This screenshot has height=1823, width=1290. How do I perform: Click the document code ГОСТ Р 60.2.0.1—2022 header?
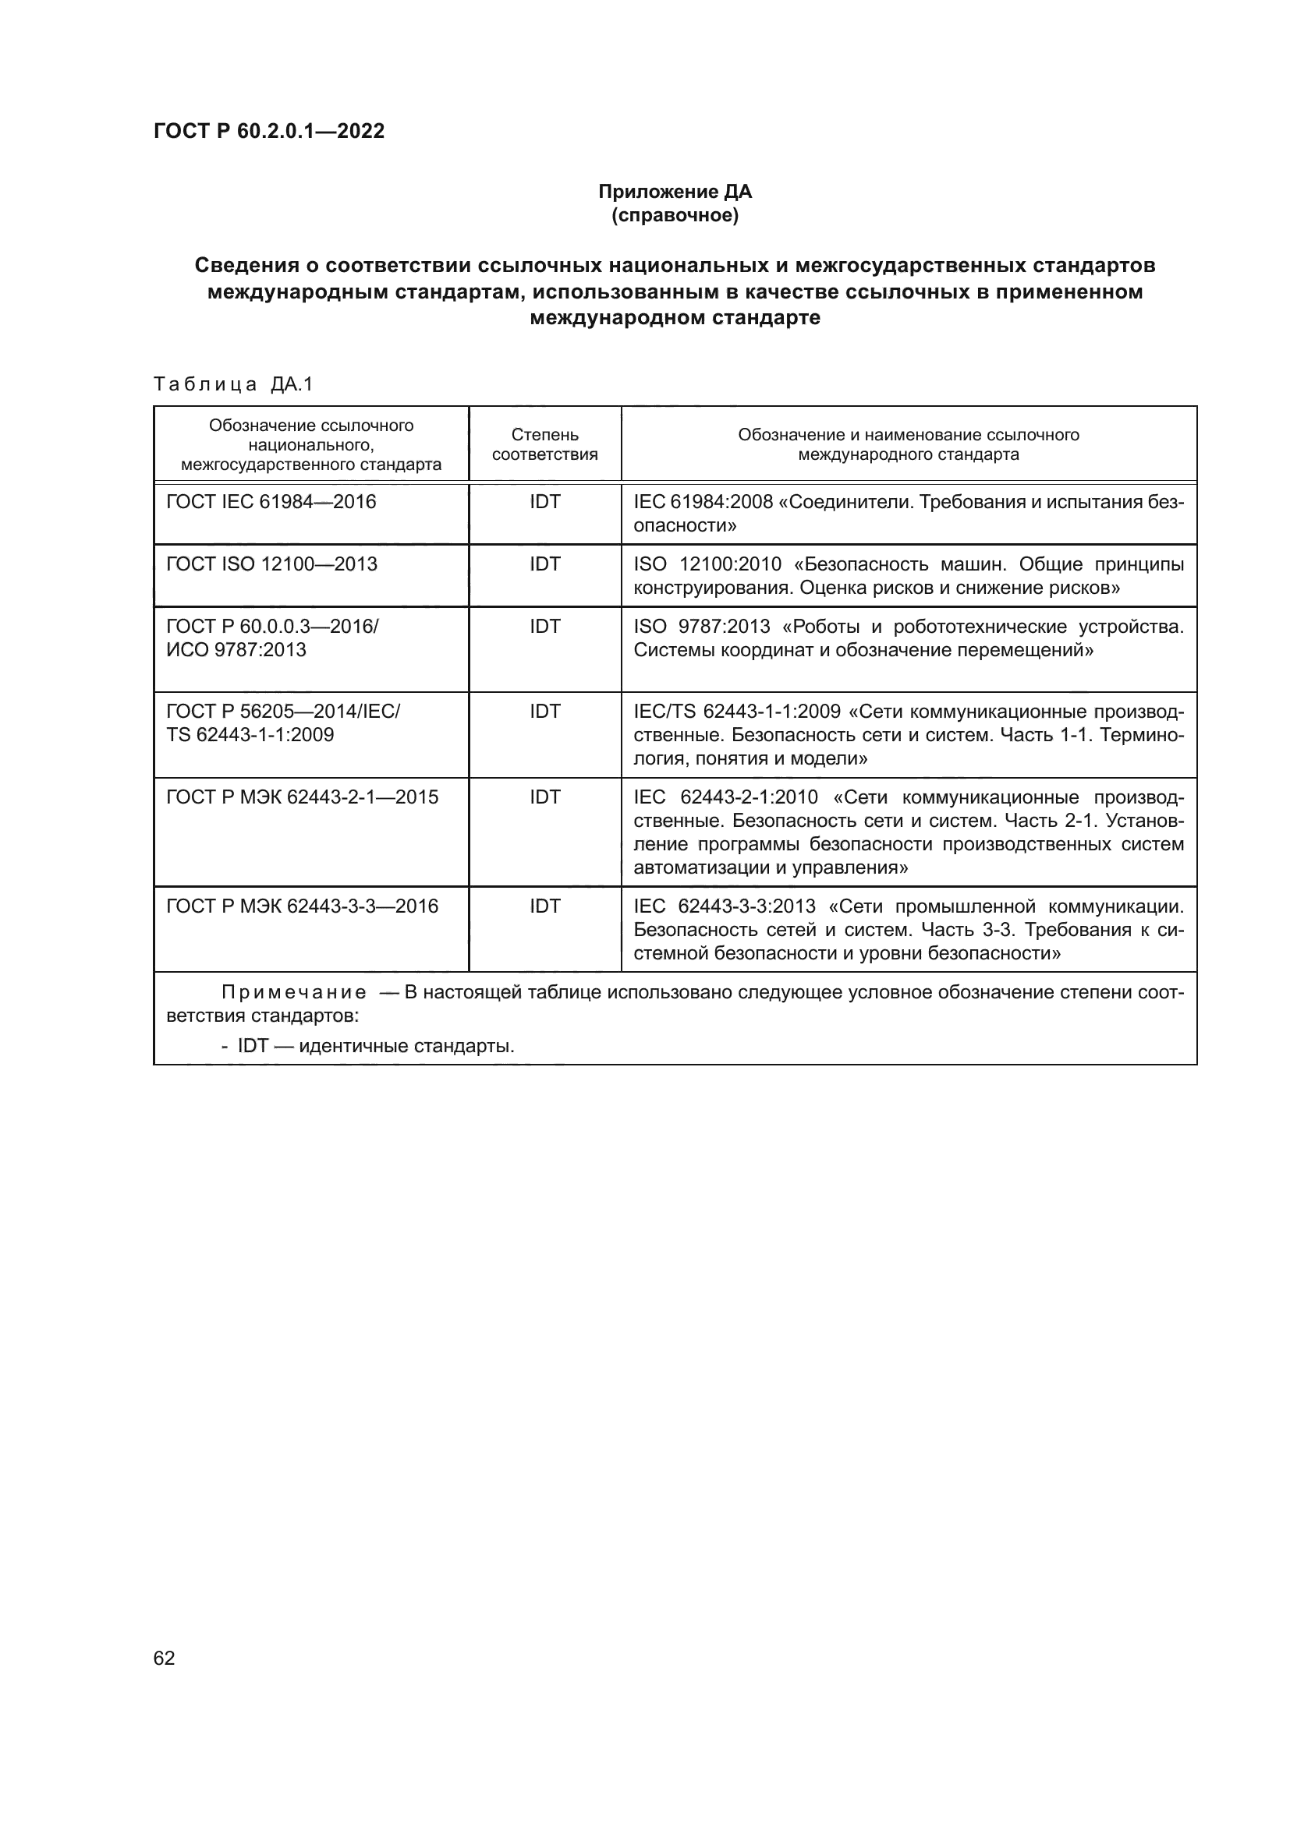[268, 131]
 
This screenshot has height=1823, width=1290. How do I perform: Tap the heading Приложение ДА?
[675, 192]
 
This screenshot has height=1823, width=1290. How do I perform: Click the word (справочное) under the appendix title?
[675, 216]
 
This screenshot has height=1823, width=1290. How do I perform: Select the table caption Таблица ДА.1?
[233, 384]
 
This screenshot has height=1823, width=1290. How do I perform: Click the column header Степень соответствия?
[544, 444]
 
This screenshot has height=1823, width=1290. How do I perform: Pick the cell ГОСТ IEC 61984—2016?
[271, 502]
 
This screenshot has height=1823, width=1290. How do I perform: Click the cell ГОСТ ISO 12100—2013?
[271, 564]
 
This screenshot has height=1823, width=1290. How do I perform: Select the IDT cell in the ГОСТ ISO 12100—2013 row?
[545, 564]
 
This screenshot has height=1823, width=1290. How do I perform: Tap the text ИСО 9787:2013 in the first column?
[236, 650]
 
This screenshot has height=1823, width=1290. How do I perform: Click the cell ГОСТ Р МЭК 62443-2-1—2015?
[302, 797]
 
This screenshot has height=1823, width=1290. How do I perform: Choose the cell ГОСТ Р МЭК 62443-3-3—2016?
[302, 906]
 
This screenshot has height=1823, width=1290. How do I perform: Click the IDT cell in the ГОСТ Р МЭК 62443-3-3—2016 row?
[545, 906]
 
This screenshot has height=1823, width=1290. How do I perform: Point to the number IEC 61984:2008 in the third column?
[703, 503]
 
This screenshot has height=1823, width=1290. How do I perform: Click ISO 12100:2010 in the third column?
[707, 564]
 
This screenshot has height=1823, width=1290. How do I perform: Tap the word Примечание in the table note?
[294, 993]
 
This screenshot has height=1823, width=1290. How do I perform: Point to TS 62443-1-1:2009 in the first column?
[250, 735]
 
